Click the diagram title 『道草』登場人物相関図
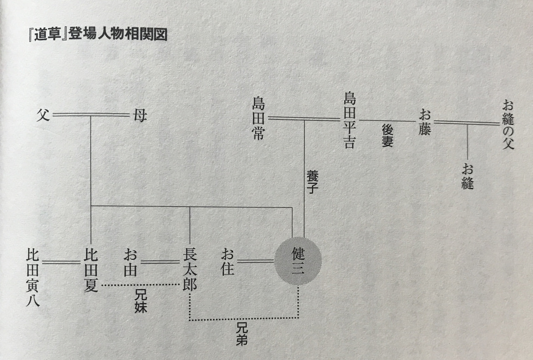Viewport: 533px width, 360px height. [x=98, y=35]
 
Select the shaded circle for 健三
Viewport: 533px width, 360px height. [x=298, y=261]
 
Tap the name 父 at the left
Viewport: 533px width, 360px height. [x=43, y=115]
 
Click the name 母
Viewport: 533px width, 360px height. [x=140, y=116]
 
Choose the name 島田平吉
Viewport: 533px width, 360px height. [x=349, y=120]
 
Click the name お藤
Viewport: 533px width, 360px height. [x=425, y=122]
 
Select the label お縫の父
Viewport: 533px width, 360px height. [x=508, y=125]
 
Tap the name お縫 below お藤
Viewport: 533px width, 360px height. [x=468, y=176]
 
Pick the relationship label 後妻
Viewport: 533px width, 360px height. [x=388, y=135]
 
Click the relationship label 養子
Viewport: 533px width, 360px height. [x=312, y=182]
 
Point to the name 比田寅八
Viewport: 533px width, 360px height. [x=32, y=277]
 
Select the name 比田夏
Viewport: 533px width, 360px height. [x=91, y=270]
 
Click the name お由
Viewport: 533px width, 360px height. [x=130, y=262]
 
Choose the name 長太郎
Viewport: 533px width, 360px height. [x=190, y=270]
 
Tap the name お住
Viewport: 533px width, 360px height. [x=227, y=262]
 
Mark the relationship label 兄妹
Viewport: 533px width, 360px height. [x=141, y=301]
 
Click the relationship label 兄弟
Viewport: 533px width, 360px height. [x=242, y=334]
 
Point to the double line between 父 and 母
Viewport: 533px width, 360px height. [x=91, y=115]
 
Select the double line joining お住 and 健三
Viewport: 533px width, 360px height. [x=255, y=261]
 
